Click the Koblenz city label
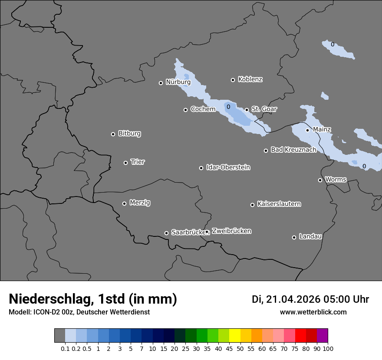point(250,79)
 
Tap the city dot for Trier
point(126,163)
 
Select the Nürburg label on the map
point(178,82)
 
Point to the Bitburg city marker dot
point(113,134)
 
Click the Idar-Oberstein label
point(228,167)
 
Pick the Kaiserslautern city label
point(279,204)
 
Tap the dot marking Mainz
point(307,130)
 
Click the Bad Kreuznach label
point(293,150)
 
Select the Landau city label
point(310,236)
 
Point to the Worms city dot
point(320,180)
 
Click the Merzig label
point(140,203)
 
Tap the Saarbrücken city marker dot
point(166,233)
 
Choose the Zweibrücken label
point(231,231)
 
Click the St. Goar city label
point(264,109)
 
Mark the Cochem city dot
point(185,110)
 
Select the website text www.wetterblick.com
point(313,312)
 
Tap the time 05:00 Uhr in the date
point(346,299)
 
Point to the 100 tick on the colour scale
point(328,348)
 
